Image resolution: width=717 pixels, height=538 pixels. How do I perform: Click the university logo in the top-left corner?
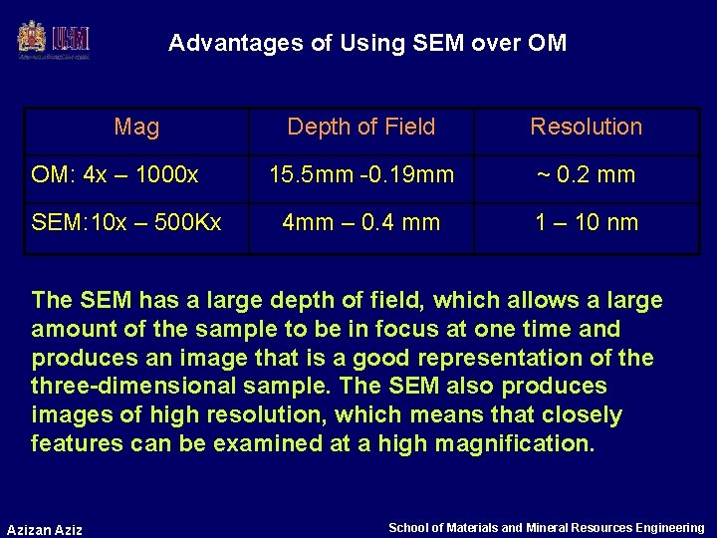coord(54,40)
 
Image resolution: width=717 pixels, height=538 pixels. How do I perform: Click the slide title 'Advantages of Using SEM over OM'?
coord(367,43)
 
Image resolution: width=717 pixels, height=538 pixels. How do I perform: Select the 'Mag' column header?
coord(136,127)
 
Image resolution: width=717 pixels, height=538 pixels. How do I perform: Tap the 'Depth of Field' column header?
coord(360,127)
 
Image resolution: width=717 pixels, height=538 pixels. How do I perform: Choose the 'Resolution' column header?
coord(586,127)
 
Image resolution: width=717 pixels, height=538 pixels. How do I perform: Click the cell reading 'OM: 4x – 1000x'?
coord(116,175)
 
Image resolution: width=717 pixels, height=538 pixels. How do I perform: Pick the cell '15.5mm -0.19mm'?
coord(360,175)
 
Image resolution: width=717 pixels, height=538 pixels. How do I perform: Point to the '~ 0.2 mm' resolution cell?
coord(586,175)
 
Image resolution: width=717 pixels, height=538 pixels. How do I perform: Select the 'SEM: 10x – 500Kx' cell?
coord(126,222)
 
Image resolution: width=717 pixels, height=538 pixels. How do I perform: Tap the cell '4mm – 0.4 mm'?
coord(360,222)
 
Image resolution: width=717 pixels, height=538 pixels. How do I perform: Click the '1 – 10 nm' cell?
coord(586,222)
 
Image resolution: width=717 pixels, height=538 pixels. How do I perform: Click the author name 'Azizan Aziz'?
coord(45,529)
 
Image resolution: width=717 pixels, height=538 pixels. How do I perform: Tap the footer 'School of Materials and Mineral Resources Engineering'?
coord(546,528)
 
